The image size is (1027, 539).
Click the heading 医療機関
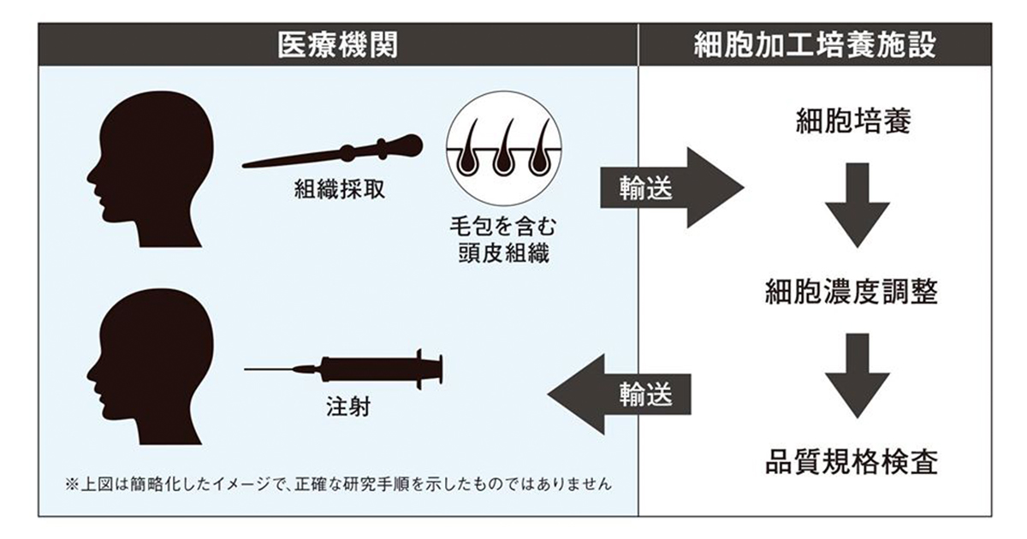(x=337, y=44)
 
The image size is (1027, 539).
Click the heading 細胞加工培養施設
(x=814, y=44)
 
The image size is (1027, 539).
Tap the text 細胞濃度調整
(x=851, y=293)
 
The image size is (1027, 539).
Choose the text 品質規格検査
(x=851, y=463)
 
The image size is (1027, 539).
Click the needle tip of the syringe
(x=246, y=370)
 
